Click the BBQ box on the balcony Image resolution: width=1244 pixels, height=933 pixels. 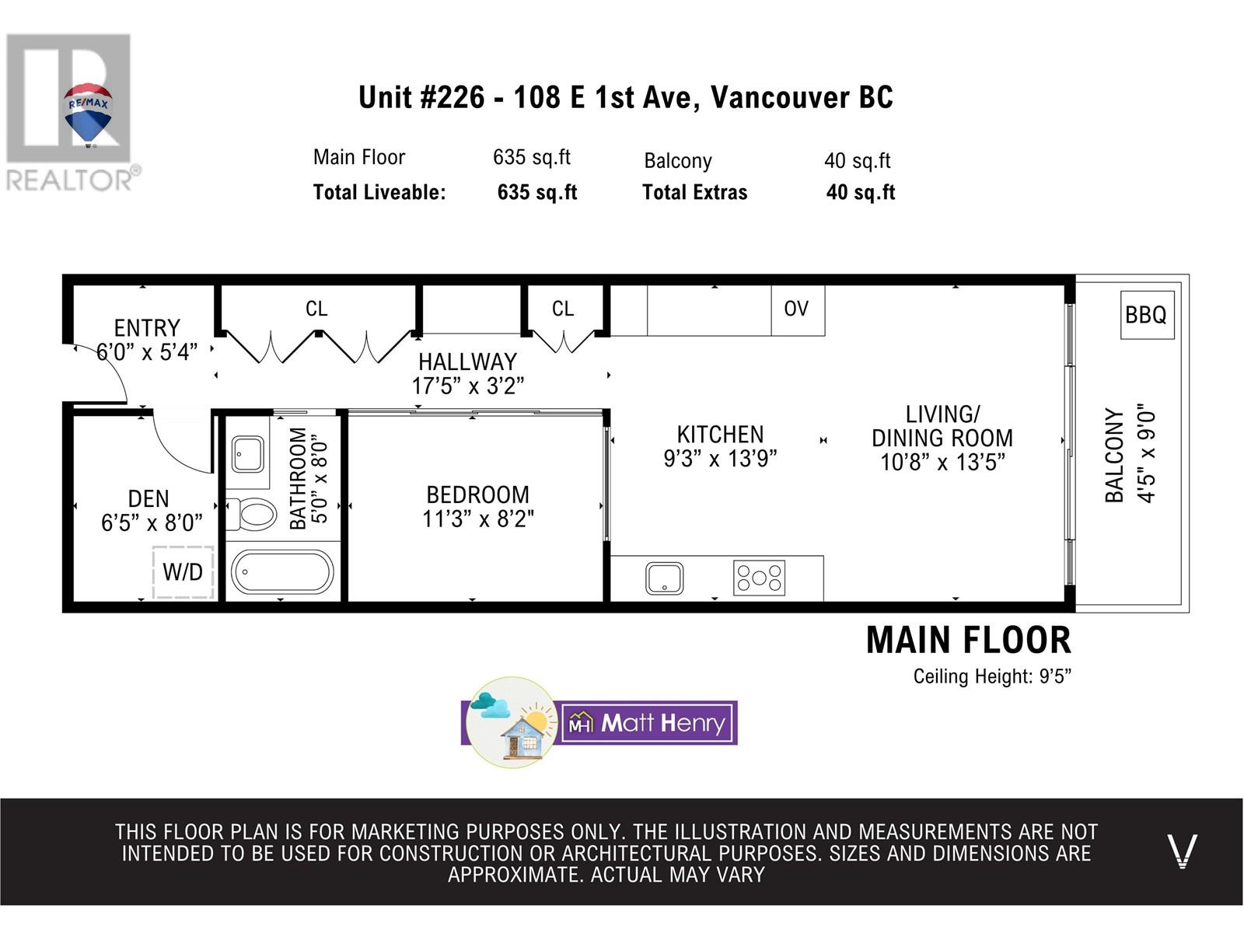coord(1147,315)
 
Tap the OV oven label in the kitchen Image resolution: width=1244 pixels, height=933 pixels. coord(795,309)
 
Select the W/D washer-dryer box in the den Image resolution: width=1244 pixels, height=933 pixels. coord(183,572)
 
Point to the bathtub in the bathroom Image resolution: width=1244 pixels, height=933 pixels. coord(282,572)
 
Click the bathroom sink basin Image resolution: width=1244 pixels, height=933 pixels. coord(248,454)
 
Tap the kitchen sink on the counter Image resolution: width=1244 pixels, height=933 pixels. coord(664,578)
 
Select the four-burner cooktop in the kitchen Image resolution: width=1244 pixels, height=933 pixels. coord(759,578)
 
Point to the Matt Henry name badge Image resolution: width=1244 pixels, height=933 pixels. coord(649,723)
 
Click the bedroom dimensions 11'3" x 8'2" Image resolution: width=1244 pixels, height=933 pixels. coord(477,519)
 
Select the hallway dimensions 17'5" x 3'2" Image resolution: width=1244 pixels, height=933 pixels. coord(467,386)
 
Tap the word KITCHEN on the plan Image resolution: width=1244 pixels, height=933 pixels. coord(720,435)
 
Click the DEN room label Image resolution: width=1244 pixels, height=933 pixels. coord(149,499)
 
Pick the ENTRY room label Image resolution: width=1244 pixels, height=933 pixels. coord(148,328)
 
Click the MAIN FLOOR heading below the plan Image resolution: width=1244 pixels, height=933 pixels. coord(969,641)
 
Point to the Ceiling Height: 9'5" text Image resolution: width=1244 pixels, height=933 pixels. coord(992,676)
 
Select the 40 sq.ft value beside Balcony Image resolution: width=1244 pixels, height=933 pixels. coord(857,161)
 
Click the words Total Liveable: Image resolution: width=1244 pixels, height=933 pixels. coord(379,193)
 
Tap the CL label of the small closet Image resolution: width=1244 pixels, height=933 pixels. coord(563,309)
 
